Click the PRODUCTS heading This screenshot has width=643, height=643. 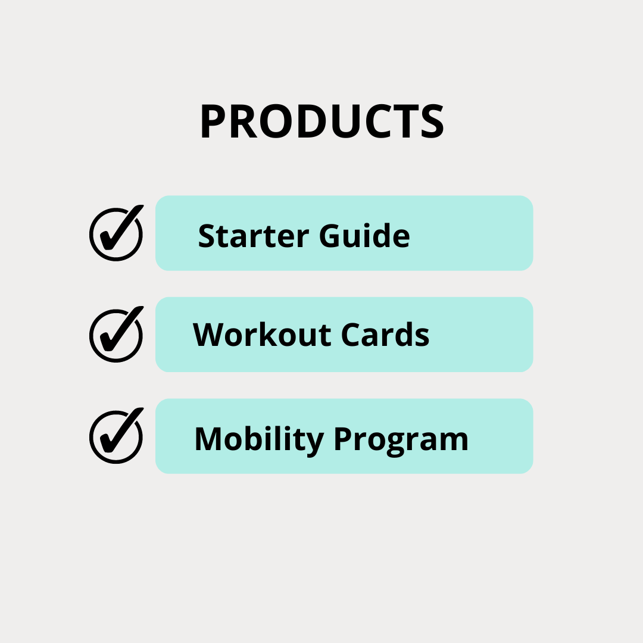322,121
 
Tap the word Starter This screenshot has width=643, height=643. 254,236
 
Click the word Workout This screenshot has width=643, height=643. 262,334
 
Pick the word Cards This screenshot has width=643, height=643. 385,334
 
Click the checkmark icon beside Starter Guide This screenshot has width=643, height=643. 117,233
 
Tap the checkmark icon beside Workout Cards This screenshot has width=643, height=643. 117,334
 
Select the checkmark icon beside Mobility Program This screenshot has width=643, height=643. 117,435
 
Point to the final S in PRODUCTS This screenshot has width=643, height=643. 432,121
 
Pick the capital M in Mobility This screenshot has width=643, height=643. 208,439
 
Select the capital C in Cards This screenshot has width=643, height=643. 351,334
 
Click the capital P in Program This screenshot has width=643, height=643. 344,439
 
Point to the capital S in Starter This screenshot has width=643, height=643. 207,236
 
